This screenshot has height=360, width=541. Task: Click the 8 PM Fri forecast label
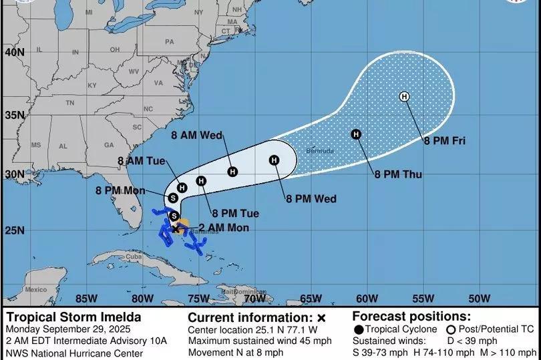(444, 141)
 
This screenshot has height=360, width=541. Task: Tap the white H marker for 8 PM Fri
(404, 97)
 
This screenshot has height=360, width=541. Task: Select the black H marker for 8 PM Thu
(356, 134)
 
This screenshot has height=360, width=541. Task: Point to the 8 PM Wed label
(311, 198)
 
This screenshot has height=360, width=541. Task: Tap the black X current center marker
(176, 228)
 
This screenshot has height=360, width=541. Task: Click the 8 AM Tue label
(141, 160)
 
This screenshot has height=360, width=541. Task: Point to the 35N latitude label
(14, 115)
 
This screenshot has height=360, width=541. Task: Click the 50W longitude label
(479, 298)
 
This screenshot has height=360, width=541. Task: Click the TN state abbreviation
(69, 104)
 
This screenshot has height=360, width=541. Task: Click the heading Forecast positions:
(411, 316)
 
